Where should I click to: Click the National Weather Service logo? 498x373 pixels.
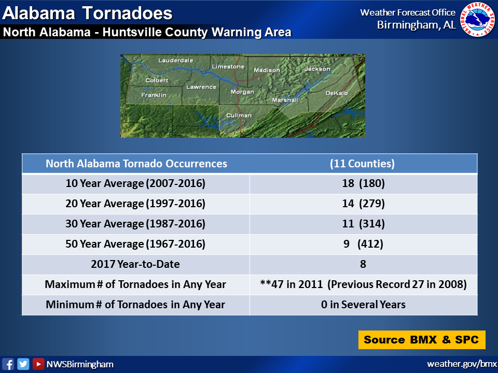(x=478, y=19)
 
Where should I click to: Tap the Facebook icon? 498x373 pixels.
(x=8, y=364)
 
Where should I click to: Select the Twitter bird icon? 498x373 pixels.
(x=23, y=364)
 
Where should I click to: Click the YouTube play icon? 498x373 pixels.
(x=38, y=364)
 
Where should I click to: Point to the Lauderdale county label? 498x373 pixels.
(x=176, y=60)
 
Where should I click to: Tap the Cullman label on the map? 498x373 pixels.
(x=239, y=116)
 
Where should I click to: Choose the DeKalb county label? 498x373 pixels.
(x=337, y=93)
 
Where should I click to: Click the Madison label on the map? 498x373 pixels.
(x=267, y=70)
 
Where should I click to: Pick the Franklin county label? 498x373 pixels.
(x=154, y=95)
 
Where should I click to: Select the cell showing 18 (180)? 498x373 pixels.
(x=363, y=183)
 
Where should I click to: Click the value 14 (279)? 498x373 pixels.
(x=363, y=203)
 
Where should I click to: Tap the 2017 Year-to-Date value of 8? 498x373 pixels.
(x=363, y=264)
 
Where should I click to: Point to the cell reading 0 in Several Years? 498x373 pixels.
(x=363, y=305)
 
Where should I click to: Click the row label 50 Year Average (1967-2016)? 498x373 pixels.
(x=135, y=244)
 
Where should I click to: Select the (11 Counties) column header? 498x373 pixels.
(x=363, y=163)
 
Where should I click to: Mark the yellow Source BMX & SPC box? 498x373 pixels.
(x=422, y=340)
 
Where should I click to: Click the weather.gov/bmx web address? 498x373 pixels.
(x=462, y=364)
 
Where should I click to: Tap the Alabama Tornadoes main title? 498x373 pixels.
(x=87, y=13)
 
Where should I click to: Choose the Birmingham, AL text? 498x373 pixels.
(x=417, y=25)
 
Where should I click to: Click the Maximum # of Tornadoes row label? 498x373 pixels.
(x=135, y=284)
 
